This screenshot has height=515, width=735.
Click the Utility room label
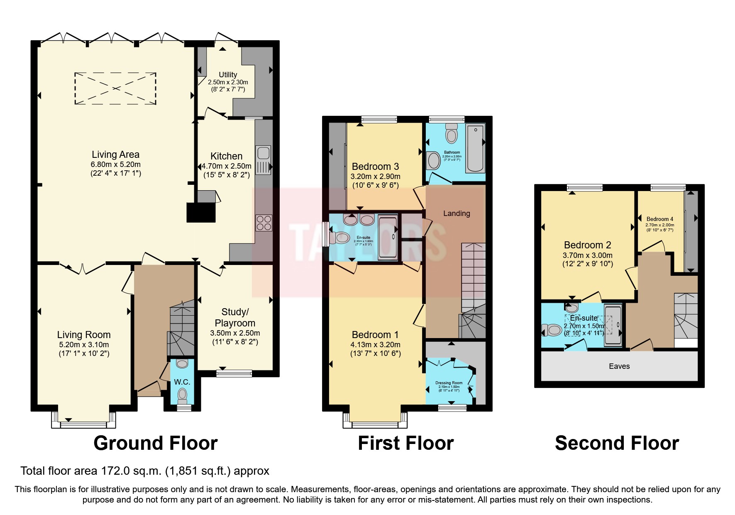point(228,75)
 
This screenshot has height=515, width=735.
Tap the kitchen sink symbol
point(263,159)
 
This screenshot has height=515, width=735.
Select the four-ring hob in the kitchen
point(264,223)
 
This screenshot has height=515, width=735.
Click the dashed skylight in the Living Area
point(115,88)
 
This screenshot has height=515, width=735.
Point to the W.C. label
point(182,382)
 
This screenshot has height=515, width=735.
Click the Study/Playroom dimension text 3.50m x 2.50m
point(235,333)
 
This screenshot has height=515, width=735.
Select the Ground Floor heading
point(155,443)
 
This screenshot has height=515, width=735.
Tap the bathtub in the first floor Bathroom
point(476,149)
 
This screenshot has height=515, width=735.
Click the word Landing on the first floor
point(457,213)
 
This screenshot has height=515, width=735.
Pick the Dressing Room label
point(449,383)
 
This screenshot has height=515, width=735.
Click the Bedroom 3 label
point(375,167)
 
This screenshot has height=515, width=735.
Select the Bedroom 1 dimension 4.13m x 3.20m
point(376,345)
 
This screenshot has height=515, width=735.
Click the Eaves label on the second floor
point(619,366)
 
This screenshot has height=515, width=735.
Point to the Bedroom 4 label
point(659,219)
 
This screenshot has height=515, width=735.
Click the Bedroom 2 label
point(587,245)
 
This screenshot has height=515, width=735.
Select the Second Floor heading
point(617,443)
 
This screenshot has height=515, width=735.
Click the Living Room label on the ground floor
point(84,335)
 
